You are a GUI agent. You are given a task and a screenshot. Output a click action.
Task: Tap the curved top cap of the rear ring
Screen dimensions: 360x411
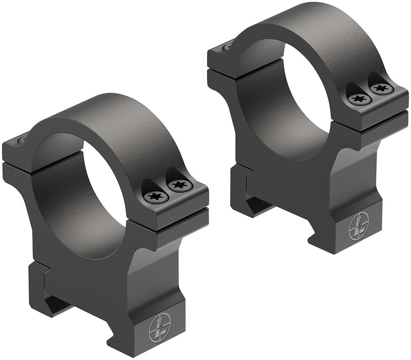314,25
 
